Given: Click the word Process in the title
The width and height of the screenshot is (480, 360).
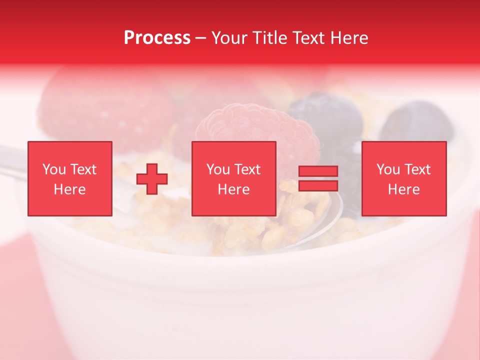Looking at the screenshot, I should (157, 38).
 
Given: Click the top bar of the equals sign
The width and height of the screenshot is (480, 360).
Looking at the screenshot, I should (318, 171).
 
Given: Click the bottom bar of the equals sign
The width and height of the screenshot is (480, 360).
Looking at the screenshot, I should (318, 186).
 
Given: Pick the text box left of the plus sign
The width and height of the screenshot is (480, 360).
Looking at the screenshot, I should (70, 179).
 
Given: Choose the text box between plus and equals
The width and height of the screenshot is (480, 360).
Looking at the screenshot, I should (234, 179).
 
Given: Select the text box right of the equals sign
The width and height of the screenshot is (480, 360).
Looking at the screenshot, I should (404, 179).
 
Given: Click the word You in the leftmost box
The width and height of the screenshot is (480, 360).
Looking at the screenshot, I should (53, 169).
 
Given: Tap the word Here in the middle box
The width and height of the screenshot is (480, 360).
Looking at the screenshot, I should (234, 189).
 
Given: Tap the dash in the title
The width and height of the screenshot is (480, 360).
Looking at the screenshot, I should (201, 38).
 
